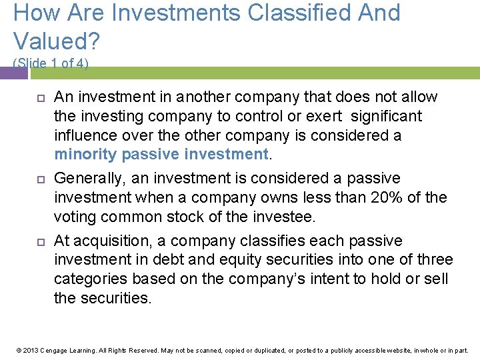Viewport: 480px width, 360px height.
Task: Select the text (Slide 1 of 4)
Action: pyautogui.click(x=51, y=63)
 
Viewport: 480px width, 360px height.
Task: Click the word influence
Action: pyautogui.click(x=83, y=135)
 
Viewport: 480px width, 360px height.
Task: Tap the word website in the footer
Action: pyautogui.click(x=387, y=350)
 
